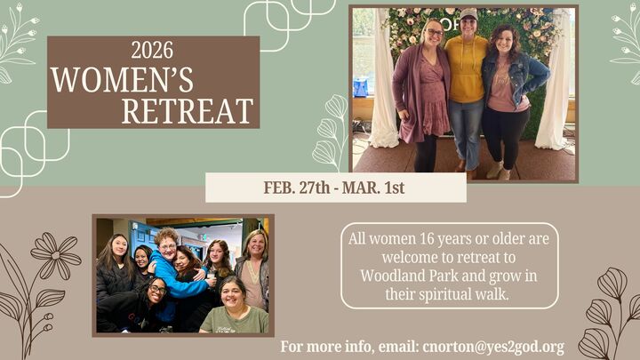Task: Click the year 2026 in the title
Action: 152,51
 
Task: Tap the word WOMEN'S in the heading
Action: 122,81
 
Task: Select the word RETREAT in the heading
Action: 188,112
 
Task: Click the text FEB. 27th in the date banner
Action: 297,188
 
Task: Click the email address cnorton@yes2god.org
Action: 495,347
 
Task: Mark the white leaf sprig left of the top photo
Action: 331,133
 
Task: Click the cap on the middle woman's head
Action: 468,15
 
